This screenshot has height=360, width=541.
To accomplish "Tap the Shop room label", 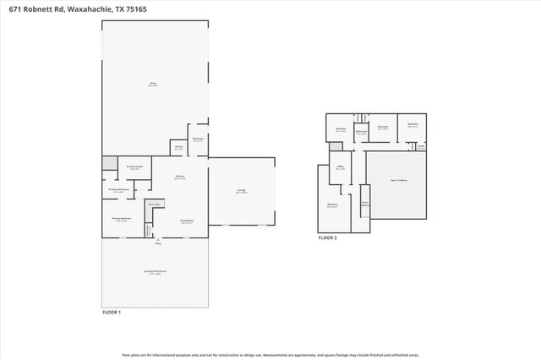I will point(154,83).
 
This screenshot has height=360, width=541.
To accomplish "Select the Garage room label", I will point(241,191).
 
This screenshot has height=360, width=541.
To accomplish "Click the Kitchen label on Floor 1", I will point(179,177).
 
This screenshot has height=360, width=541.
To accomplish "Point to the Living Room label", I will point(186,221).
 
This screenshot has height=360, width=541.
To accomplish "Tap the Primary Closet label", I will point(134,166).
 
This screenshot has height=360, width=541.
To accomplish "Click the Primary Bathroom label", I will point(121,190).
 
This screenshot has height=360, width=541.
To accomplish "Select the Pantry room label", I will point(179,146).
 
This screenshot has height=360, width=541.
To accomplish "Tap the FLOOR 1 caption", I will point(112,313).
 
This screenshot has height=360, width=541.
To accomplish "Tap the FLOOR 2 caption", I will point(327,238).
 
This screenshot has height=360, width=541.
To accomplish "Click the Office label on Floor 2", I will point(341,168).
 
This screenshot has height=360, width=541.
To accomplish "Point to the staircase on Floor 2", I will point(366,210).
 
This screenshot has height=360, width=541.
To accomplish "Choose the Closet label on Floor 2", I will point(420,146).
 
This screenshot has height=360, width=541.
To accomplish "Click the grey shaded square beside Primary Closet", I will point(109,162).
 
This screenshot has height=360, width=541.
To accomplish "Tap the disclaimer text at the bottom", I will point(270,355).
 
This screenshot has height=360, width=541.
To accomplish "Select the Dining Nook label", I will point(155,205).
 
